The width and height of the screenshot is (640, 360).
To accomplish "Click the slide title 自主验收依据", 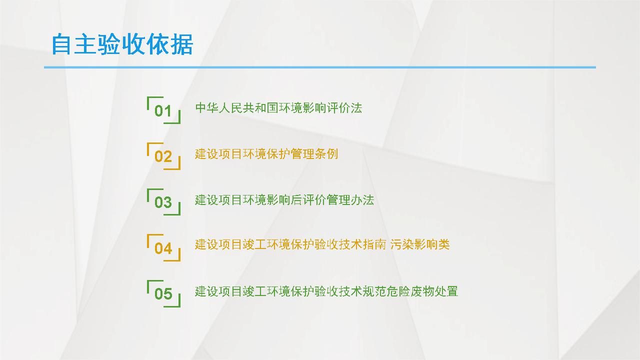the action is click(122, 44).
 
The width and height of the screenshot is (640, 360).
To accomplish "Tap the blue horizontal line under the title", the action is click(319, 67).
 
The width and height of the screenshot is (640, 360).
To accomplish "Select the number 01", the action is click(163, 111).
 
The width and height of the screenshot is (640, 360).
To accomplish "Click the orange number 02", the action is click(163, 156).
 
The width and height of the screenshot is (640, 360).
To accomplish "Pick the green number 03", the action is click(163, 202).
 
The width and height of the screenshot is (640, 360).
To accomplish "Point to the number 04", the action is click(163, 248).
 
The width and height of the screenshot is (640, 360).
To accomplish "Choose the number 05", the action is click(163, 293).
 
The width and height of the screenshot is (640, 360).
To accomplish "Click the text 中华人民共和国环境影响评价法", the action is click(278, 108).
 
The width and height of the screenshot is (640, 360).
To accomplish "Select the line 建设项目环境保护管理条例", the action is click(266, 154).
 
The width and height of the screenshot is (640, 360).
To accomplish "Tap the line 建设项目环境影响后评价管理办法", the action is click(284, 199).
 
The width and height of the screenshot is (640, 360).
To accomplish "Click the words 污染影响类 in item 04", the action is click(419, 244).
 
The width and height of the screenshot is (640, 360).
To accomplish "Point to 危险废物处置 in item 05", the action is click(422, 291).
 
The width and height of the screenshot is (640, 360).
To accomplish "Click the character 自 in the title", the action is click(61, 44).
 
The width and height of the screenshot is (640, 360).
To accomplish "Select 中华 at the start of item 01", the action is click(207, 108).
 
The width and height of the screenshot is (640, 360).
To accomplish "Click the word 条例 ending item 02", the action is click(326, 154).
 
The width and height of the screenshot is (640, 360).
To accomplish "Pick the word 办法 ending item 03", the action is click(362, 199).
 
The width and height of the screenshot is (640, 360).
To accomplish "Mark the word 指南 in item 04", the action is click(374, 244).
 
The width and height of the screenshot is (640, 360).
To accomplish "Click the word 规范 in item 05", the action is click(374, 291).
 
